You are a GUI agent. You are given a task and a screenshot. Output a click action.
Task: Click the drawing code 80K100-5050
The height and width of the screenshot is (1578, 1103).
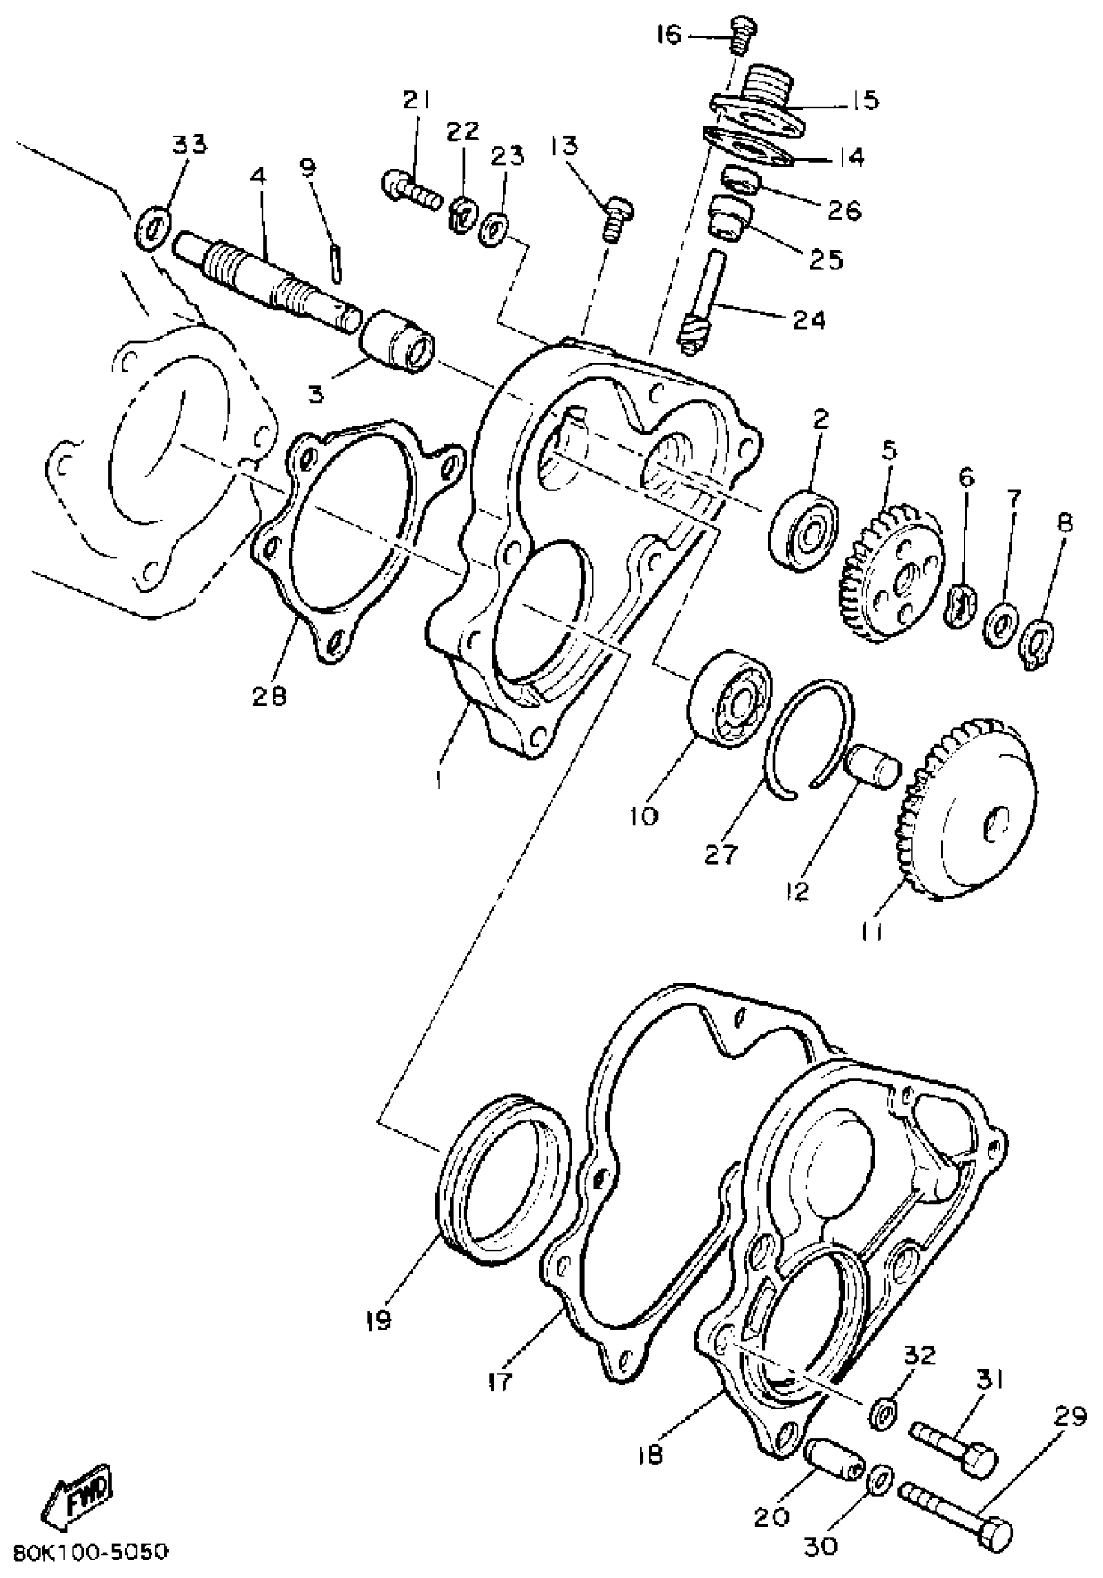click(x=90, y=1552)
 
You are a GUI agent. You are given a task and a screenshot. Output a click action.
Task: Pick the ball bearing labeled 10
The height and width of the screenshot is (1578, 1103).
click(x=729, y=700)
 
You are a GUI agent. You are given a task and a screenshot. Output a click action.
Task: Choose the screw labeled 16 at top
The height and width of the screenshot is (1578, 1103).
click(x=742, y=34)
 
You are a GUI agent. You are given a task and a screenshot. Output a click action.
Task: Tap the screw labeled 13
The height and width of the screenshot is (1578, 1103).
click(x=617, y=218)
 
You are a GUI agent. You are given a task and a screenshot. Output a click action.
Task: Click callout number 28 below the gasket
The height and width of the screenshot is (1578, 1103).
click(x=269, y=697)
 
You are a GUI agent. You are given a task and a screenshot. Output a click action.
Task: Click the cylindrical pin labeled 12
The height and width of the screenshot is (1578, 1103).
click(x=873, y=765)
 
